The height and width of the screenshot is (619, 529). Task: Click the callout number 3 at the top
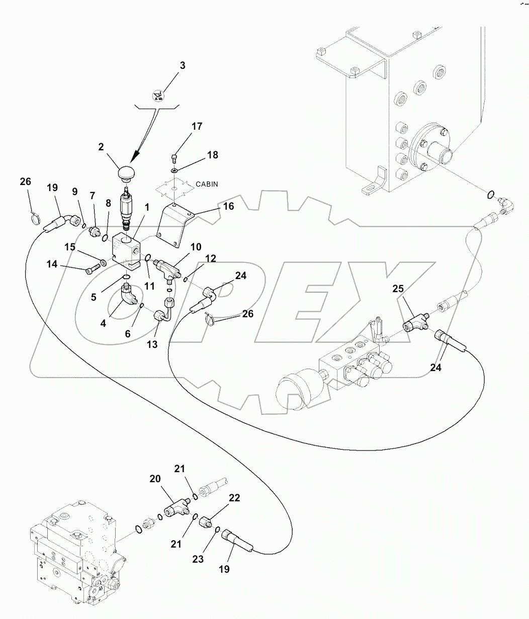point(183,66)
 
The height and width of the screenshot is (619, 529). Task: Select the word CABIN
point(207,184)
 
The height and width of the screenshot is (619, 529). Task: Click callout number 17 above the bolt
point(197,127)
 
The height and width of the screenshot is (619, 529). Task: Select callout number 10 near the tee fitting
point(196,247)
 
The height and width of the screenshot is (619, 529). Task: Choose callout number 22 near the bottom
point(234,498)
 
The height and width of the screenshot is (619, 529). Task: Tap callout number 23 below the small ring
point(198,559)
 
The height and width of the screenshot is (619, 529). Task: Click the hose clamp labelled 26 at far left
point(35,218)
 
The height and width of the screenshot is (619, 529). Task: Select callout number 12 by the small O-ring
point(211,258)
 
